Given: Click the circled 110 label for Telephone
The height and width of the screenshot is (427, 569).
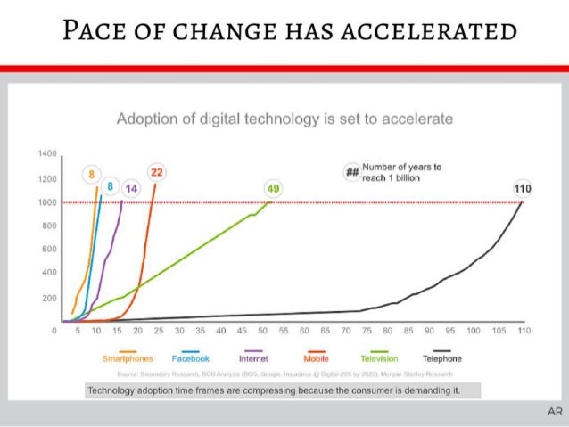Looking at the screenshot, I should coord(523,188).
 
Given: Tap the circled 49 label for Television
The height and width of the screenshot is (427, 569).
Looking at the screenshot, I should coord(273,188).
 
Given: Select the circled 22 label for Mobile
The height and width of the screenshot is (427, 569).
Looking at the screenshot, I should coord(156,172).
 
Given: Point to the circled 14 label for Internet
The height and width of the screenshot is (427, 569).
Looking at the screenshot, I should coord(131,188).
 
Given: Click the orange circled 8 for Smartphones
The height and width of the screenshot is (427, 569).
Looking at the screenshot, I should coord(90,173).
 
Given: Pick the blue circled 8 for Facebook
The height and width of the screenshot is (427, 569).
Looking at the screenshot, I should coord(111,187).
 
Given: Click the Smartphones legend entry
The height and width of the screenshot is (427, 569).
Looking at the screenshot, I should coord(128,358).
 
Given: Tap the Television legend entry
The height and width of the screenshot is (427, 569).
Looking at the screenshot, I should coord(378,358).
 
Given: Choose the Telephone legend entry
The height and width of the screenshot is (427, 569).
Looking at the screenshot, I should coord(442,358).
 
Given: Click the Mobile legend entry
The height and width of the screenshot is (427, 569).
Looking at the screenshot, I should coord(316,358).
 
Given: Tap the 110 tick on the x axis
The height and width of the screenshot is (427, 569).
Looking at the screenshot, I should coord(523,330).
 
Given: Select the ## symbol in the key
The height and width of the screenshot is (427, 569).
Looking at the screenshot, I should coord(351,172).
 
